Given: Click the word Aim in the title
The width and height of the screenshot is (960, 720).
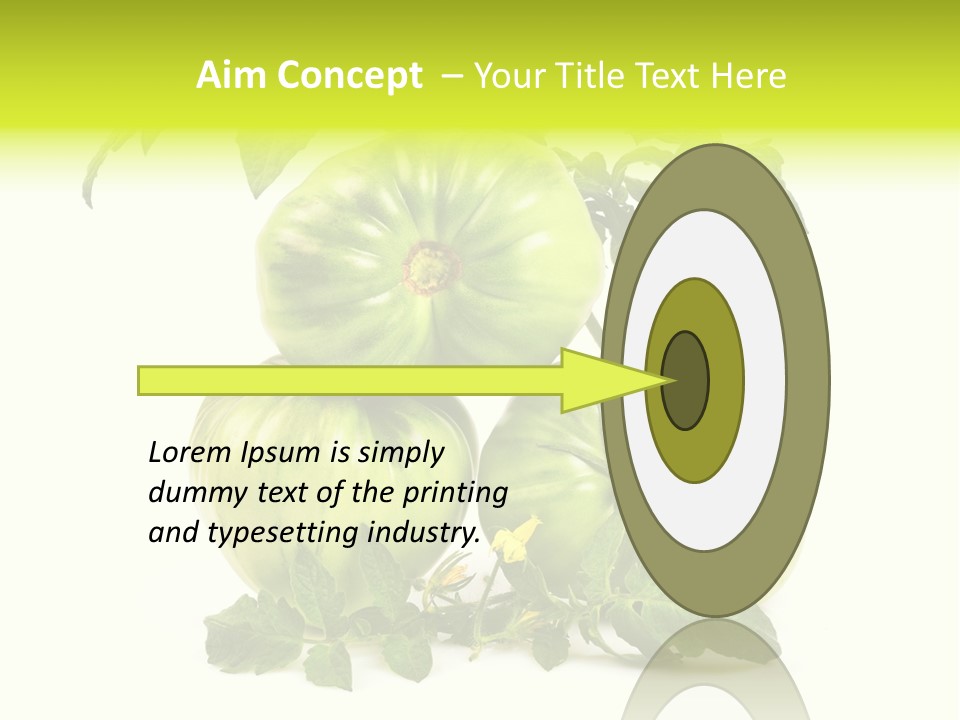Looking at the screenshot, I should [x=231, y=76].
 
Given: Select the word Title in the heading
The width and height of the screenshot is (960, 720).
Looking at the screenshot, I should [x=592, y=76].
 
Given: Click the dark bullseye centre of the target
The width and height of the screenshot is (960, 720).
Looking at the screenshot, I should [x=686, y=380].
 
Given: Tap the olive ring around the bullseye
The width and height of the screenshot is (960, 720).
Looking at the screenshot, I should [x=726, y=380].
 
